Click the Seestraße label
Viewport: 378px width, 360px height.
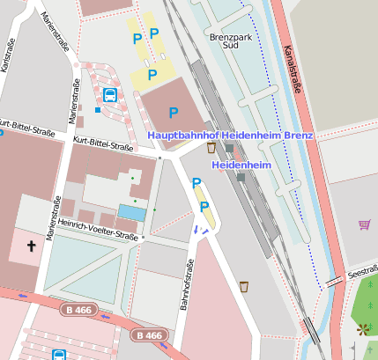pyautogui.click(x=362, y=274)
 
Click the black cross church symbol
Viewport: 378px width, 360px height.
pyautogui.click(x=33, y=246)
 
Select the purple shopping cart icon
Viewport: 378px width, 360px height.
pyautogui.click(x=364, y=224)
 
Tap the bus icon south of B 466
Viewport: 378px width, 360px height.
pyautogui.click(x=59, y=355)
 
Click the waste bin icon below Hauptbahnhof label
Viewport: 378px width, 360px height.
pyautogui.click(x=211, y=148)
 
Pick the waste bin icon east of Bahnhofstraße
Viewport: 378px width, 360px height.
pyautogui.click(x=244, y=285)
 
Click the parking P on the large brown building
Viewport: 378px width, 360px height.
pyautogui.click(x=173, y=112)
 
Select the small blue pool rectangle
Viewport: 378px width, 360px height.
pyautogui.click(x=131, y=212)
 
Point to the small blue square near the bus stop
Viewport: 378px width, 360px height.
pyautogui.click(x=97, y=111)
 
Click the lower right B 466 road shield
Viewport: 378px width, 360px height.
pyautogui.click(x=149, y=335)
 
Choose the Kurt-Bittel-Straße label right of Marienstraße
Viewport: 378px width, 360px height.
pyautogui.click(x=104, y=143)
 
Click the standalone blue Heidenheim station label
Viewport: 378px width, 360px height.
pyautogui.click(x=240, y=165)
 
